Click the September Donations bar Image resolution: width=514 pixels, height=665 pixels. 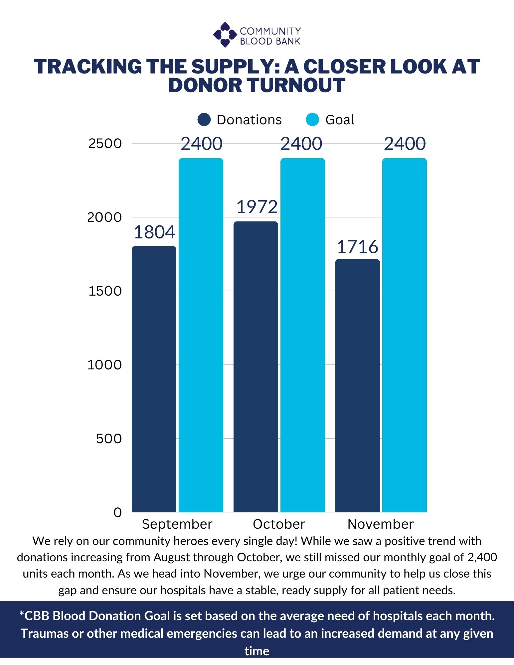pos(154,379)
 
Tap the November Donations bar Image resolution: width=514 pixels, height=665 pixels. pos(357,386)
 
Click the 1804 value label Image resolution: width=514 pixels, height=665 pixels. pos(154,232)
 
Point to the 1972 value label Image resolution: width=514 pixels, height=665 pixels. pos(257,207)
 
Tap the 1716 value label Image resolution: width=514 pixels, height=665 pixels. pos(357,247)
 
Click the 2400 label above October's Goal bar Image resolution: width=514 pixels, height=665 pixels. pos(301,144)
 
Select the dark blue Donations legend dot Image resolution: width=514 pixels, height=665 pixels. pos(204,120)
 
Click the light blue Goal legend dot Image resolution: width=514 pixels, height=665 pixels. pos(312,120)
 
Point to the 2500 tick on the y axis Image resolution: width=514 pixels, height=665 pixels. pos(105,144)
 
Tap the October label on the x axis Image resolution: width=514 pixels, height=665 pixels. pos(279,524)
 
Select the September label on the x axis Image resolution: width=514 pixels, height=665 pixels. pos(177,524)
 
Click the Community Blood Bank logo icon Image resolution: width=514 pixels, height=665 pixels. pos(225,35)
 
